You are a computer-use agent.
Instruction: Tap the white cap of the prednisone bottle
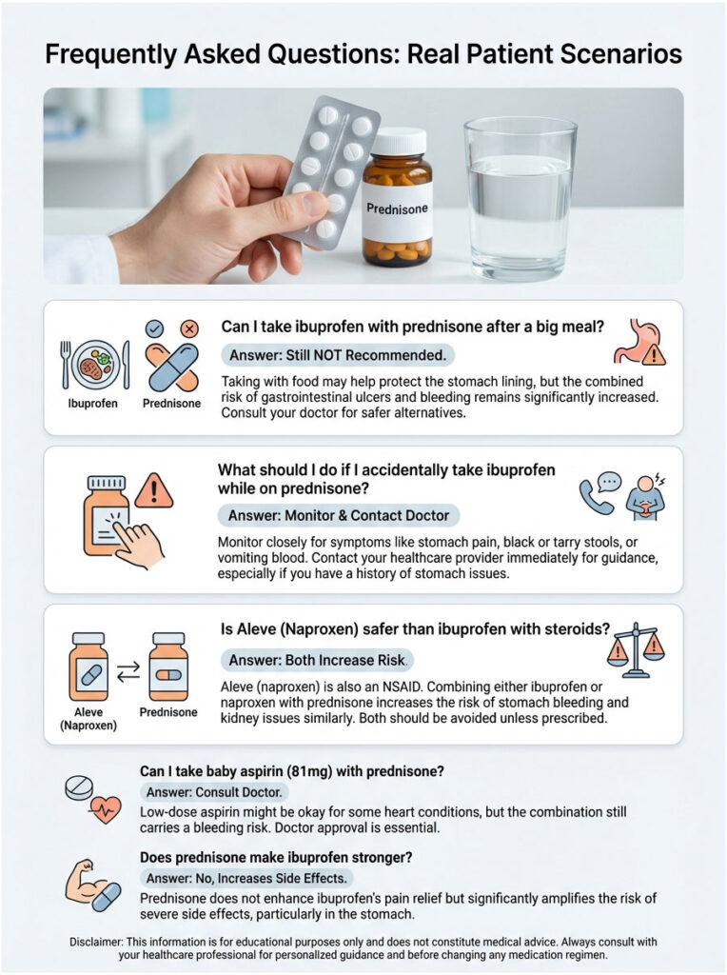coord(399,142)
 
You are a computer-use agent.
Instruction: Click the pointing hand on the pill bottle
coord(131,544)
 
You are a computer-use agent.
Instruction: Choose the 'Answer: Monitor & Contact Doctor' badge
coord(340,515)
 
